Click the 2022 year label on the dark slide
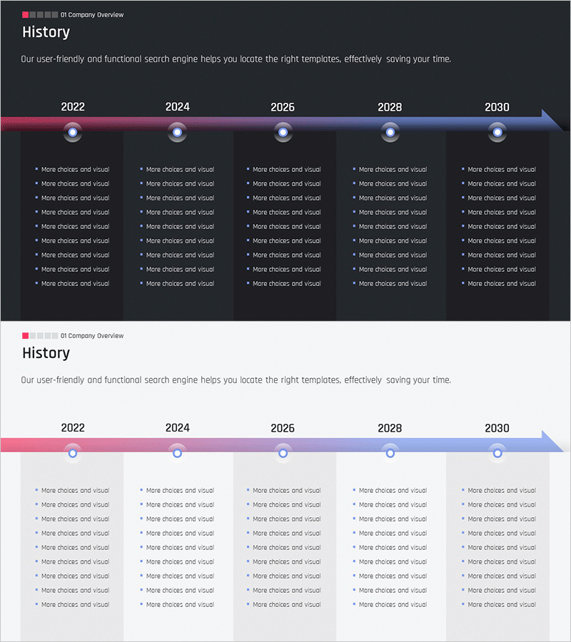click(73, 107)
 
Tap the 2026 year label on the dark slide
click(283, 107)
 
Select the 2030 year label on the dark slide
click(497, 107)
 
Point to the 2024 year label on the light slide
click(178, 428)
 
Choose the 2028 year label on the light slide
click(390, 428)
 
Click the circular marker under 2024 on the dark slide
click(178, 132)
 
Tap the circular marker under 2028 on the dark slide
click(390, 132)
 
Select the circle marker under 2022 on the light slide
click(73, 453)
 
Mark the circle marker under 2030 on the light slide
click(497, 453)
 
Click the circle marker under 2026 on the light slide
click(283, 453)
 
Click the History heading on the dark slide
click(46, 32)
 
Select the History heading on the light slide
click(46, 353)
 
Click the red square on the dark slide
click(26, 15)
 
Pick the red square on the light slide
click(26, 335)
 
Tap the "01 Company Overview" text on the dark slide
click(92, 15)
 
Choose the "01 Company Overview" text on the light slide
click(92, 336)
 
